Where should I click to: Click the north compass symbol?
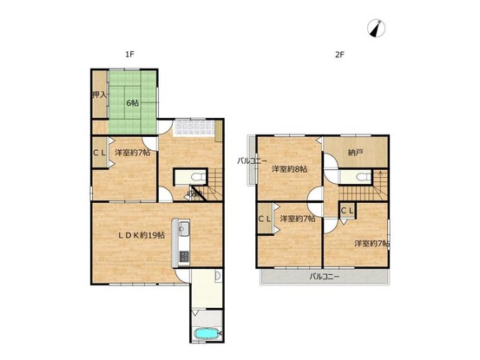376,29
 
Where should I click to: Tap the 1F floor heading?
129,55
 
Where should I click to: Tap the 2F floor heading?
339,55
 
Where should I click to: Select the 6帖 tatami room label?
133,103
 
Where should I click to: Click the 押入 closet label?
99,95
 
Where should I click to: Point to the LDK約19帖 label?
141,235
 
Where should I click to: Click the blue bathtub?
207,333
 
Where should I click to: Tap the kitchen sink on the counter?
184,228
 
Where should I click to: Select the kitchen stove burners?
184,256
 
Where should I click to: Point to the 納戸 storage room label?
353,153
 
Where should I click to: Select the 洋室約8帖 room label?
290,169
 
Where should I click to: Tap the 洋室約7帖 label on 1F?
133,153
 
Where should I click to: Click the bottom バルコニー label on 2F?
324,277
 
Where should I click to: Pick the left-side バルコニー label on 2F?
253,160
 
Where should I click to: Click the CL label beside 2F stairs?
347,211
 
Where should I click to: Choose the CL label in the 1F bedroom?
99,153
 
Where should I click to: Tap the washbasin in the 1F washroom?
218,276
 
